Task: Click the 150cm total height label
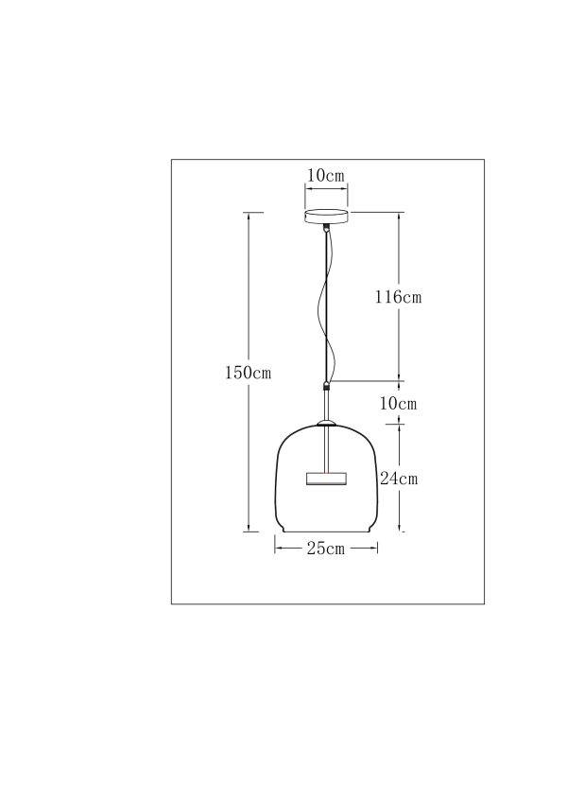click(x=248, y=374)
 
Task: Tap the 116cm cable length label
click(x=398, y=296)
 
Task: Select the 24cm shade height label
click(x=399, y=479)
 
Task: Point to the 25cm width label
click(x=325, y=549)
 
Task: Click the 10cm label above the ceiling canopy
click(x=326, y=176)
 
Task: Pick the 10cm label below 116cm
click(x=398, y=404)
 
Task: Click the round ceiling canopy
click(x=326, y=217)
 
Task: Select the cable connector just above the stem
click(x=327, y=386)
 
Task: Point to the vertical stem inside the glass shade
click(x=327, y=448)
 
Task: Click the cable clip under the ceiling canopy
click(x=327, y=228)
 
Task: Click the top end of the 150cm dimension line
click(x=249, y=213)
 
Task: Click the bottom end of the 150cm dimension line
click(x=249, y=532)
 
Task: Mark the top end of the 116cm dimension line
click(x=398, y=213)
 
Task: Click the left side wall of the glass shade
click(x=275, y=482)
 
